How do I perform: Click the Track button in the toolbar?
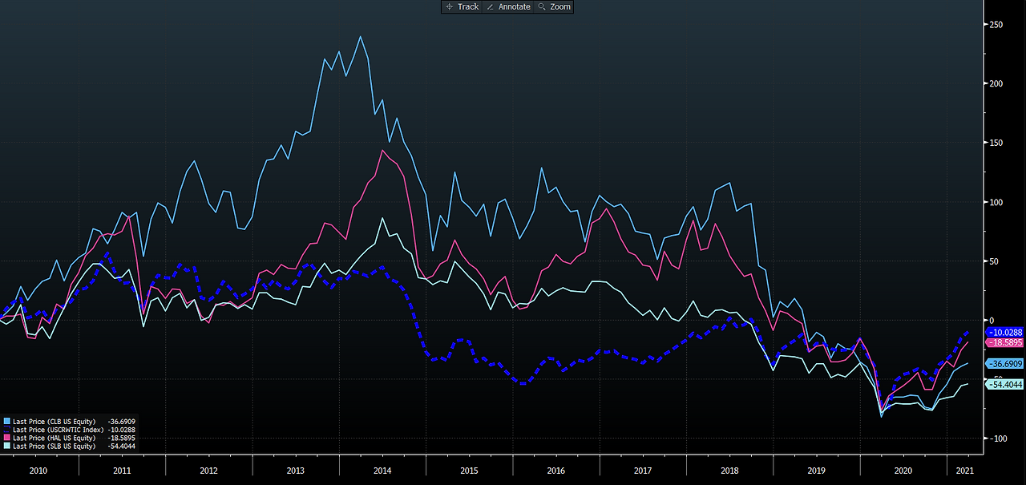pyautogui.click(x=462, y=7)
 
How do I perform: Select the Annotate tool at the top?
pyautogui.click(x=508, y=7)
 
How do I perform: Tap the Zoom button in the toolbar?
pyautogui.click(x=554, y=7)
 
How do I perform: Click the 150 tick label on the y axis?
pyautogui.click(x=996, y=143)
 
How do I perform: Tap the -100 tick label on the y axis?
pyautogui.click(x=996, y=439)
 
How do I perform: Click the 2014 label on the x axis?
pyautogui.click(x=382, y=471)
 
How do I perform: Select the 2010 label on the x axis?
pyautogui.click(x=38, y=471)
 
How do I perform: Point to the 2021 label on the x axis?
pyautogui.click(x=964, y=471)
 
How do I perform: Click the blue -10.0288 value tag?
pyautogui.click(x=1004, y=333)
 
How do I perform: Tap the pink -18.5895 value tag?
pyautogui.click(x=1004, y=342)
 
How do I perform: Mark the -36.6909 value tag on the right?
pyautogui.click(x=1004, y=364)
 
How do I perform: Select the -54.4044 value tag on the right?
pyautogui.click(x=1004, y=385)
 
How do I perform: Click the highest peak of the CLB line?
pyautogui.click(x=361, y=37)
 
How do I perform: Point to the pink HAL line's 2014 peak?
pyautogui.click(x=382, y=150)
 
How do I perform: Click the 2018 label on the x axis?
pyautogui.click(x=729, y=471)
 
